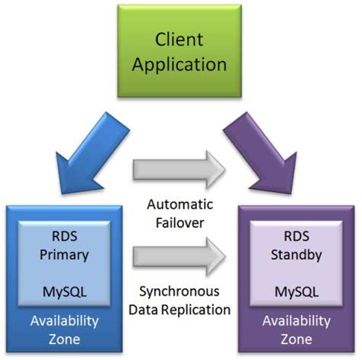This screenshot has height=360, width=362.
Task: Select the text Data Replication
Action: click(181, 310)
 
